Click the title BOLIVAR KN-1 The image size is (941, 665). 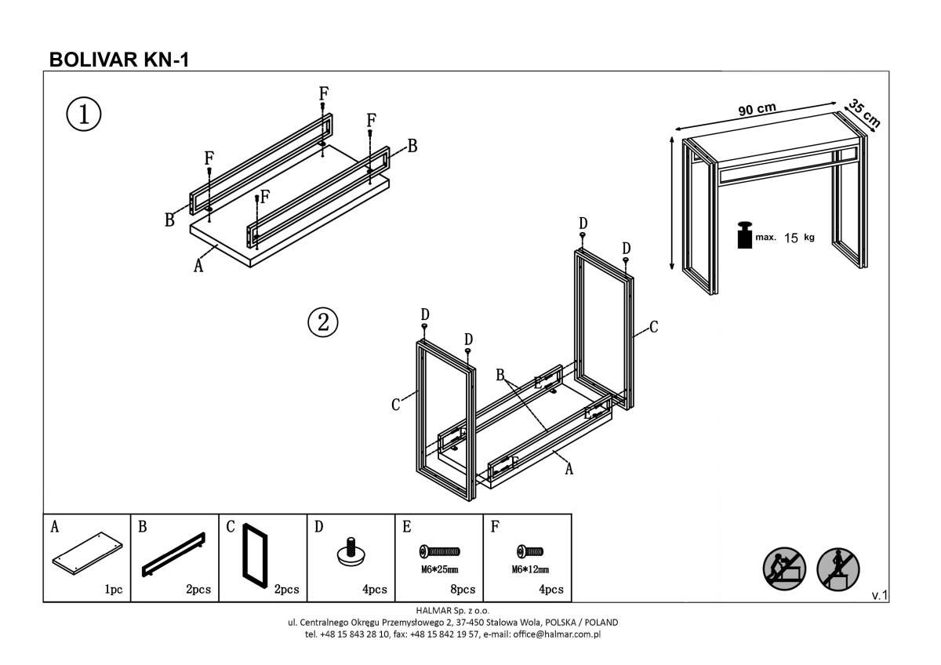[x=118, y=60]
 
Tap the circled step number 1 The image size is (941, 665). [x=83, y=114]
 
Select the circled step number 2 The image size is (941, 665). [x=322, y=322]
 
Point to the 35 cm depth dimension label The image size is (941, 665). [x=864, y=113]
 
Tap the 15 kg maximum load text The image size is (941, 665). [x=799, y=238]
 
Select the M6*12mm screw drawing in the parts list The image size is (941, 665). [x=530, y=552]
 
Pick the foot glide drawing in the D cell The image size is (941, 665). [x=351, y=551]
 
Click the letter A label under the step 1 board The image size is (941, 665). [x=198, y=267]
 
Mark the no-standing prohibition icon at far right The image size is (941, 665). [x=838, y=567]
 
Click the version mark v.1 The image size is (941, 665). [x=879, y=596]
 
